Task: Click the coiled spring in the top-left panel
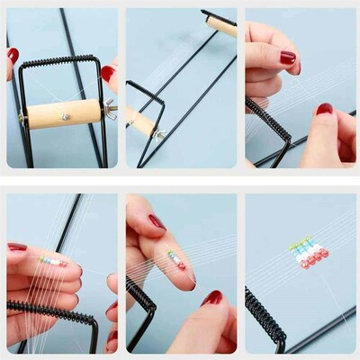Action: tap(61, 61)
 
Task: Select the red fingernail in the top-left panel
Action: tap(13, 55)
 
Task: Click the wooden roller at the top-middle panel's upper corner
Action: tap(222, 26)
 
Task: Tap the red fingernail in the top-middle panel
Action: tap(108, 73)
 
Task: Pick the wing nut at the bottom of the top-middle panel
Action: tap(158, 134)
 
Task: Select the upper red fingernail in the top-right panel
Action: tap(287, 58)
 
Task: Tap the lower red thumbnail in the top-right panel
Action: tap(324, 109)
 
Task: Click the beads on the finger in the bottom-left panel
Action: tap(52, 260)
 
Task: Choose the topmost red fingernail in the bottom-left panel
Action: tap(17, 246)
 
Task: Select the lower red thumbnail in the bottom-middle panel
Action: tap(212, 298)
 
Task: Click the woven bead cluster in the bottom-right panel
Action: tap(308, 255)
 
